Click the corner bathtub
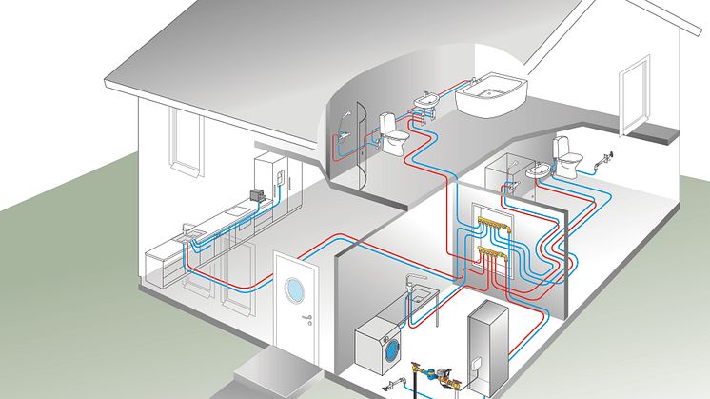click(492, 95)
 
